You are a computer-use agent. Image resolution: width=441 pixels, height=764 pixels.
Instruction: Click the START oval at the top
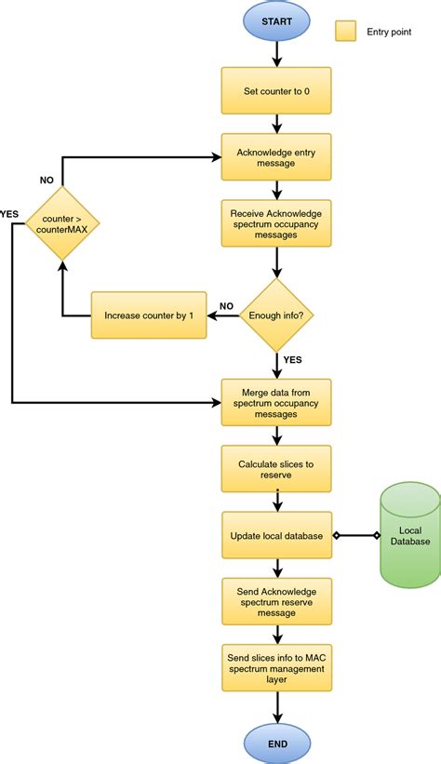pyautogui.click(x=276, y=20)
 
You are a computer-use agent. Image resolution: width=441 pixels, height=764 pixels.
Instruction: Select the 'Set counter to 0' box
pyautogui.click(x=276, y=90)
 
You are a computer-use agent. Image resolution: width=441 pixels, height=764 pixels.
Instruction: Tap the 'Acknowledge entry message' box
pyautogui.click(x=276, y=157)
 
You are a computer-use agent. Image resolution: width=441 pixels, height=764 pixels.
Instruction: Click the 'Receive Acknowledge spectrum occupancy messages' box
pyautogui.click(x=276, y=224)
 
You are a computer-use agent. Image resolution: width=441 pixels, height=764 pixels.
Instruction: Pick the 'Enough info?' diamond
pyautogui.click(x=276, y=315)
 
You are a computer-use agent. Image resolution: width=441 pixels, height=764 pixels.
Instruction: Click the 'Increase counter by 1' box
pyautogui.click(x=148, y=315)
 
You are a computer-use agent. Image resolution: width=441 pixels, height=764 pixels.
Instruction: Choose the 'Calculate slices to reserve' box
pyautogui.click(x=276, y=468)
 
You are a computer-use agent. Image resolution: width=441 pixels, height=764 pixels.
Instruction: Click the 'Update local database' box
pyautogui.click(x=276, y=536)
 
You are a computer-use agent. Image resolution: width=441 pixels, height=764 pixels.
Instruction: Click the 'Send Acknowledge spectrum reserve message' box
pyautogui.click(x=276, y=602)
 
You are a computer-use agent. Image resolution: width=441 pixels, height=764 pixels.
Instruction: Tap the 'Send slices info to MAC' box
pyautogui.click(x=276, y=665)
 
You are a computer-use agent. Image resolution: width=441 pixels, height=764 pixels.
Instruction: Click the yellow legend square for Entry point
pyautogui.click(x=345, y=32)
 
